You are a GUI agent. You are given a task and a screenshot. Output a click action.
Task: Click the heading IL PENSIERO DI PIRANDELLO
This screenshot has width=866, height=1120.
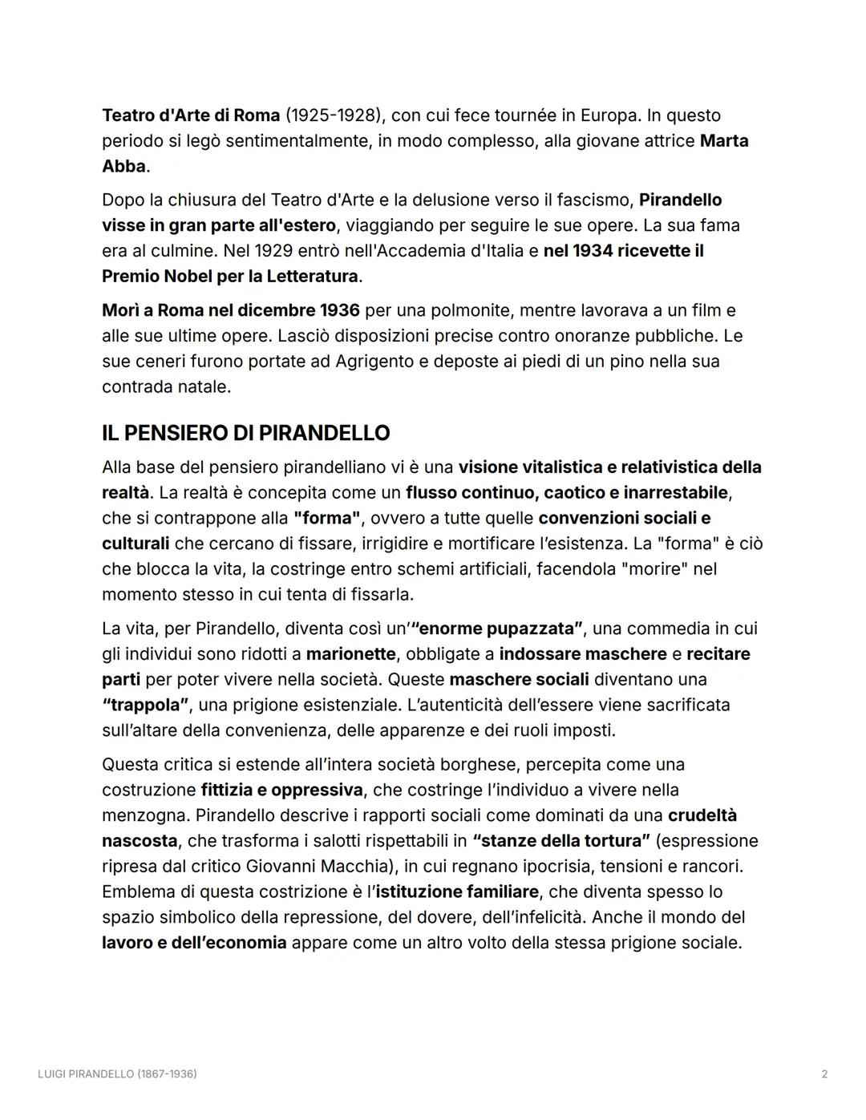[245, 433]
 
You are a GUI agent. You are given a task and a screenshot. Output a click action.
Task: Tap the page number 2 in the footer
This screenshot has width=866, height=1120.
[824, 1074]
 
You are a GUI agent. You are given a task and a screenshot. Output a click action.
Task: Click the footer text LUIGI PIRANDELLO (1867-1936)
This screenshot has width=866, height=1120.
[117, 1074]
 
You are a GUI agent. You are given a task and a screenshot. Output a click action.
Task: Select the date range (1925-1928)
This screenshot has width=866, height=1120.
[331, 115]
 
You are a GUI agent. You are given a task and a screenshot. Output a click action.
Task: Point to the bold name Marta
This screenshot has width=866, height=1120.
[724, 141]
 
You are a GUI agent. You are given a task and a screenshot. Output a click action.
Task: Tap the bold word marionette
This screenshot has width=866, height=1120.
[350, 654]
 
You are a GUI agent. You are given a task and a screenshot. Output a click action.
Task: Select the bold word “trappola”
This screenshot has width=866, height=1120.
[145, 706]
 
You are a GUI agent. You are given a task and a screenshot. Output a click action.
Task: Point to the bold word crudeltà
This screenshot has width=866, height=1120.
[702, 815]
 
